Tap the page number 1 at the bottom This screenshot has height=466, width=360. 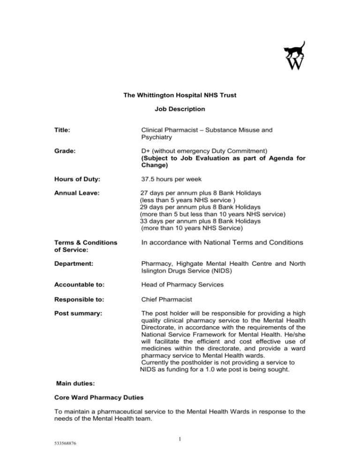(180, 450)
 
